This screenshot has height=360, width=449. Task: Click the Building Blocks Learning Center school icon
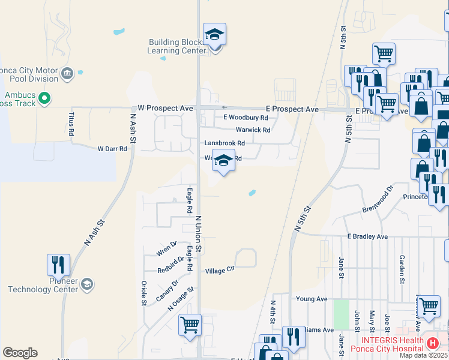214,35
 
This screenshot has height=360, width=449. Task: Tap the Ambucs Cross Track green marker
44,97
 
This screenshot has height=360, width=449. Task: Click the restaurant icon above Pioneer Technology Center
59,264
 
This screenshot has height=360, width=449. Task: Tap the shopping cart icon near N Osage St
190,326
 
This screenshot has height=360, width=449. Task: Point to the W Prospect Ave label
165,108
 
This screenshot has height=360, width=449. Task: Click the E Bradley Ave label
367,237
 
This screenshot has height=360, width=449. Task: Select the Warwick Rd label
253,130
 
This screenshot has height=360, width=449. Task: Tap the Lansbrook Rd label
224,143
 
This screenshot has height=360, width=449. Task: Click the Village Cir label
219,271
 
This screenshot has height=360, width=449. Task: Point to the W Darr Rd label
113,148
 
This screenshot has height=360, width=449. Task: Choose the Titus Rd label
71,123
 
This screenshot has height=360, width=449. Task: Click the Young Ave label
312,299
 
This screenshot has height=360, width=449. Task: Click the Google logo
20,353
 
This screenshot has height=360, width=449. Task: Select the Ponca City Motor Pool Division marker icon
67,74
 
